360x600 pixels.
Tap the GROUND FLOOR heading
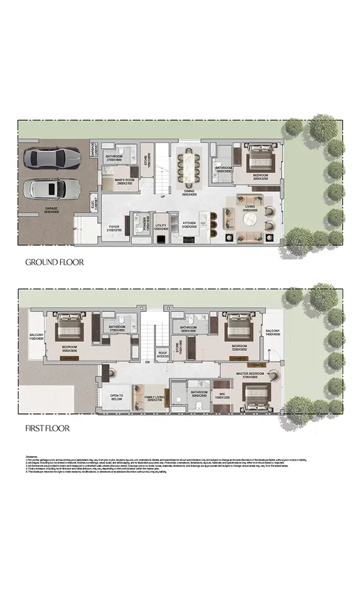point(54,262)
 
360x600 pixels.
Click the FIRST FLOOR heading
point(47,428)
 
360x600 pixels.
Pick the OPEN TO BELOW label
point(116,398)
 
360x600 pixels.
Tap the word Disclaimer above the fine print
point(34,457)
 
